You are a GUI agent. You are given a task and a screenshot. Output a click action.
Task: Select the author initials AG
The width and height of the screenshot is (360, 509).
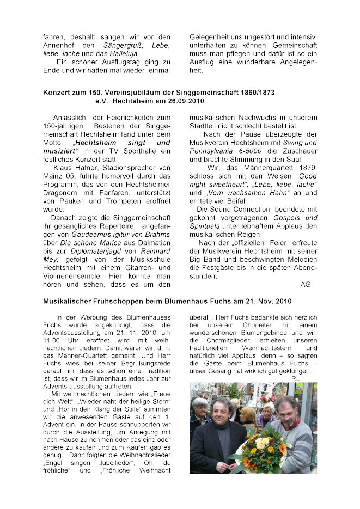(x=305, y=284)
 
